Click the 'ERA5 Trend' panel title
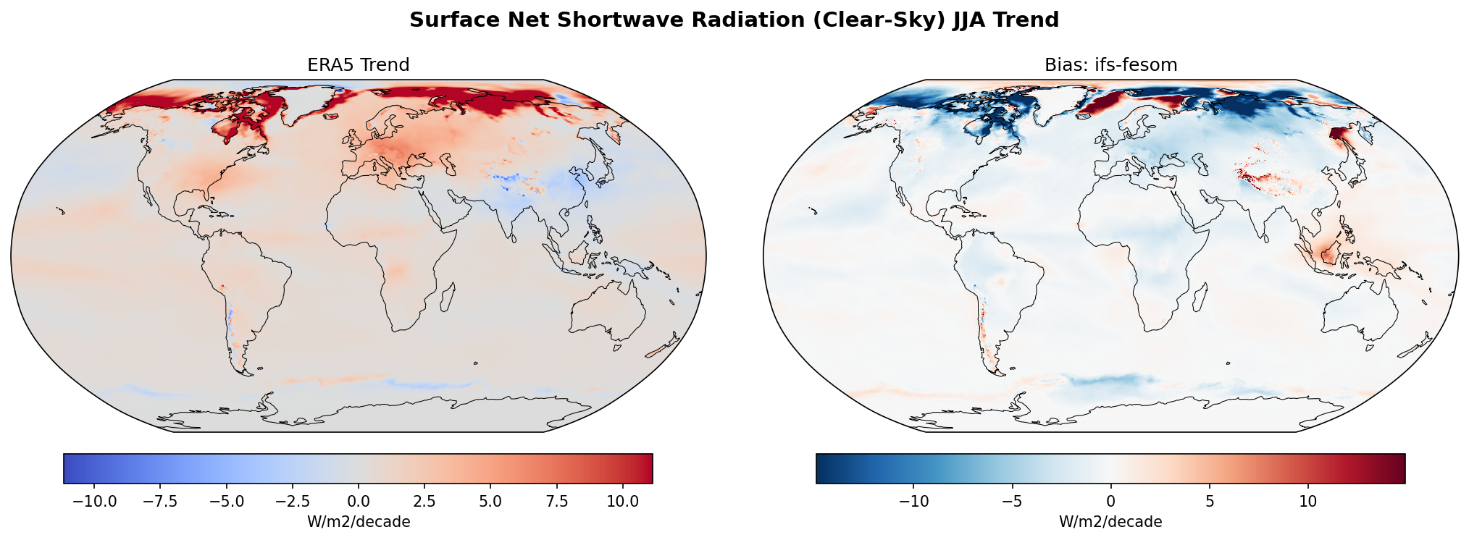(x=359, y=65)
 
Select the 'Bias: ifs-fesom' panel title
(x=1110, y=65)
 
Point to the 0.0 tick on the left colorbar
(x=359, y=502)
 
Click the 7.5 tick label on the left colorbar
(x=556, y=502)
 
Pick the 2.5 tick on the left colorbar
(x=424, y=502)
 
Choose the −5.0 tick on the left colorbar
(x=227, y=502)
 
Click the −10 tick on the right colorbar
(x=913, y=502)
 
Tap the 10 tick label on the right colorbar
(x=1307, y=502)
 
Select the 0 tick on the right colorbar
(x=1110, y=502)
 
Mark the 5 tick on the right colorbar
(x=1209, y=502)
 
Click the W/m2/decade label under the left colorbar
(x=359, y=522)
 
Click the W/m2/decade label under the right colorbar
(x=1110, y=522)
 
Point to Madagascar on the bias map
(x=1200, y=296)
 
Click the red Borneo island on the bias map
(x=1331, y=254)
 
